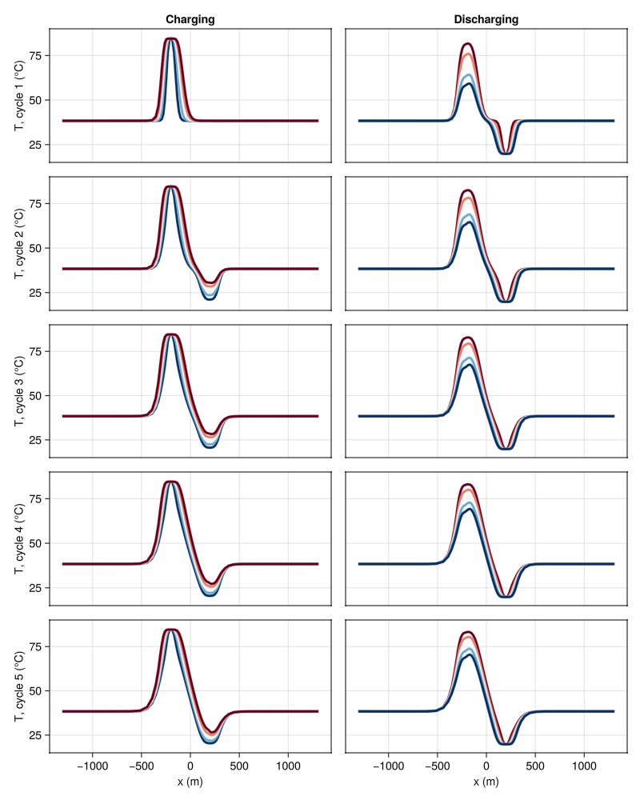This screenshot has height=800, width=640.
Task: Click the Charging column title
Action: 190,18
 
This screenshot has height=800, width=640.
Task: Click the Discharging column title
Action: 486,18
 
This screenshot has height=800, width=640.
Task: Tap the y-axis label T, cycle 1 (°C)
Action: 18,95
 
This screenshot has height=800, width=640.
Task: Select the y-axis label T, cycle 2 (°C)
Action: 18,242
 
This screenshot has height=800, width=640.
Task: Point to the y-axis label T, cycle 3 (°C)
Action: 18,390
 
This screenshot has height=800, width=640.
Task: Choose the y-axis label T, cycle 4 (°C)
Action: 18,538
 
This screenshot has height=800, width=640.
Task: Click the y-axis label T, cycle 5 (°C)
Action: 18,686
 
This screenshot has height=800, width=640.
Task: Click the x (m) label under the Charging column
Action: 190,782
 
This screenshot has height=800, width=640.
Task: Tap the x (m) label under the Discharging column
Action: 486,782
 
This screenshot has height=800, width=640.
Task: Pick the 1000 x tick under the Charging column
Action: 288,765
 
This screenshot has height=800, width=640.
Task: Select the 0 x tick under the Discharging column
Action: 486,765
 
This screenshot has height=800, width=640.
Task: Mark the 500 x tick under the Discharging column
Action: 535,765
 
